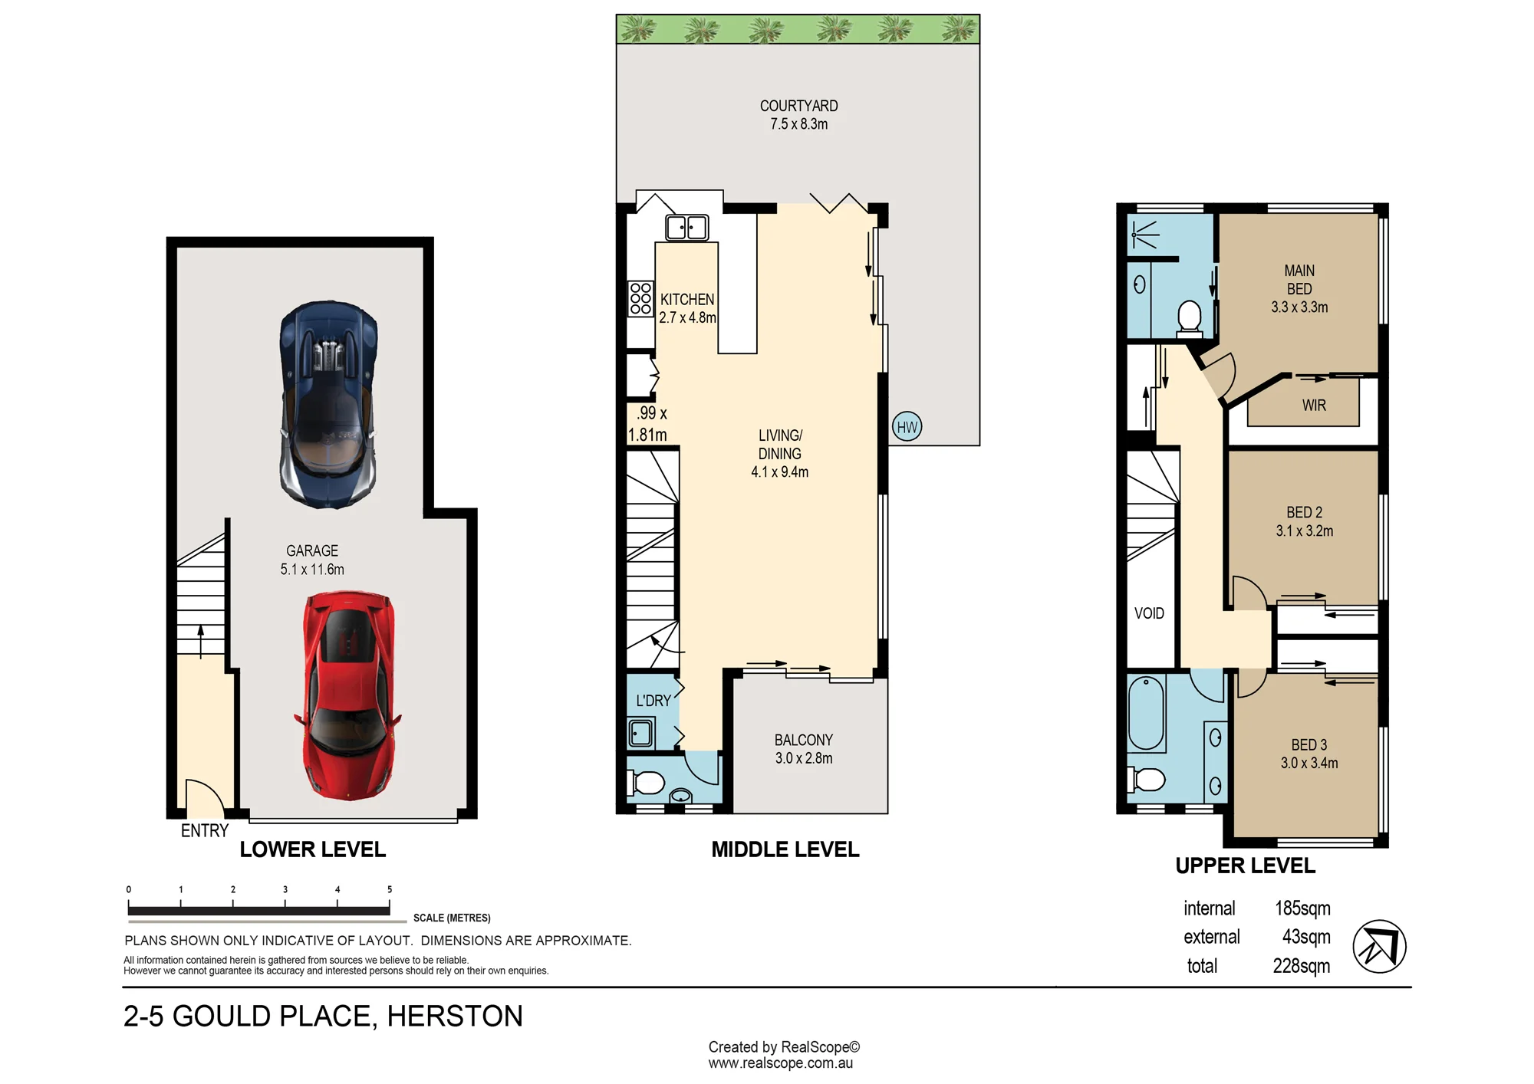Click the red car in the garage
tap(348, 696)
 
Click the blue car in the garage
tap(329, 405)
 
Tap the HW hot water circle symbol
tap(907, 427)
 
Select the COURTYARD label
tap(798, 106)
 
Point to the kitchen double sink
tap(686, 228)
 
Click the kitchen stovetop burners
tap(640, 299)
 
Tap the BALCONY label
tap(803, 740)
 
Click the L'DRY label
tap(653, 701)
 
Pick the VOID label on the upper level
tap(1149, 613)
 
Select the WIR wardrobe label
tap(1314, 406)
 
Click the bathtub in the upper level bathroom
tap(1146, 714)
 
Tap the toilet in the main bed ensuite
tap(1190, 319)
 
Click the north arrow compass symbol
tap(1379, 947)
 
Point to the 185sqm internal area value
tap(1302, 908)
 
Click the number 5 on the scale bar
tap(390, 889)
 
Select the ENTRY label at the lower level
tap(205, 831)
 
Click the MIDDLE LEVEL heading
tap(785, 849)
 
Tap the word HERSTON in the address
tap(455, 1017)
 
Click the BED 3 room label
tap(1309, 745)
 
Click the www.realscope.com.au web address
tap(781, 1063)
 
